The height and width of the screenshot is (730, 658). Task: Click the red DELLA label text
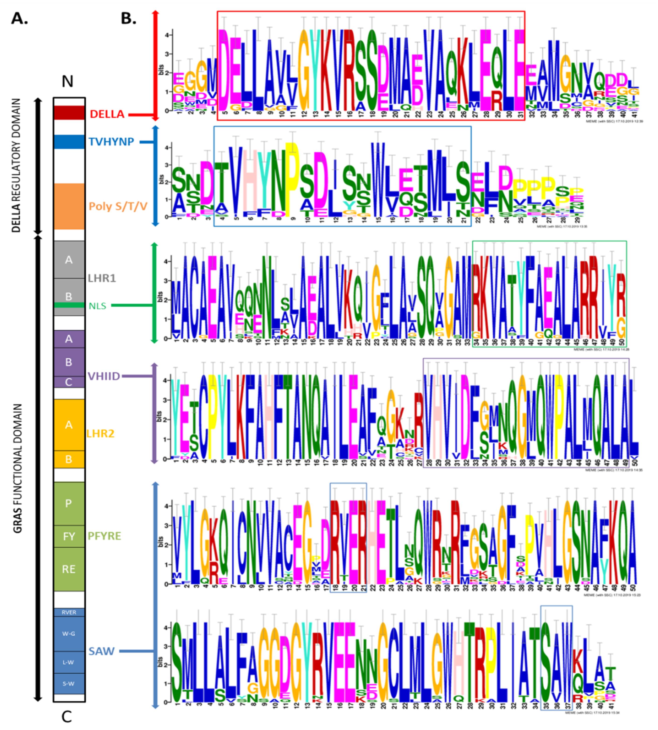107,114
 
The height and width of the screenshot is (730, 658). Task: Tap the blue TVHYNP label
111,142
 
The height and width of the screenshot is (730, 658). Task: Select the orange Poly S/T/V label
118,206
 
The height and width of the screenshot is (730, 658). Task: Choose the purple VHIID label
104,376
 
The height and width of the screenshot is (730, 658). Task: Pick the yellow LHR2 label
100,433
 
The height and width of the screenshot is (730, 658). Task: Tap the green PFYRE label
104,536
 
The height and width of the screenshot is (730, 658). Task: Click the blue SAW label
102,651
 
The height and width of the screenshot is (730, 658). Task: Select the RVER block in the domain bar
69,612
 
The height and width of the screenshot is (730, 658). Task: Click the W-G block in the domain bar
69,634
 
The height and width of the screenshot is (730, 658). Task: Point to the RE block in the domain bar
69,569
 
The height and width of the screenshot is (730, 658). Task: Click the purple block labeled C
69,382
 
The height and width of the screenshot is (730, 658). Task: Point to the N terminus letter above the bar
67,82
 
